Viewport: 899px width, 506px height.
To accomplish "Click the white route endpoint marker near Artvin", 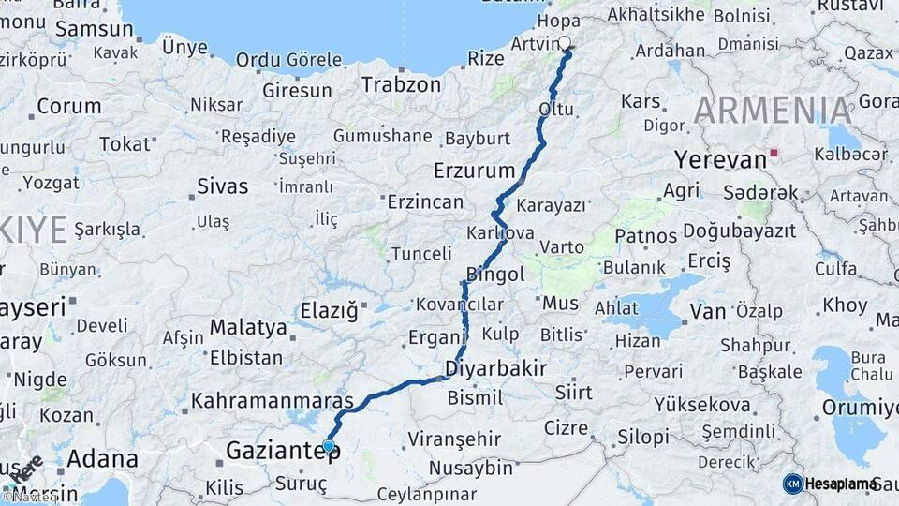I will pos(565,42).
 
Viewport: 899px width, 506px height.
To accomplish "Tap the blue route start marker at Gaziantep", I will pos(329,446).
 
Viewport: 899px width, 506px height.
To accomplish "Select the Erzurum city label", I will pos(475,171).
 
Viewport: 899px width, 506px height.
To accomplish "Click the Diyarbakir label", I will pos(496,366).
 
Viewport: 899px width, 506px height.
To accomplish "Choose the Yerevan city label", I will pos(720,159).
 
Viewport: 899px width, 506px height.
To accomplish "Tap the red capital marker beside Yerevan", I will pos(774,152).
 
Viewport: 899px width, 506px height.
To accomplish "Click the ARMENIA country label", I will pos(773,111).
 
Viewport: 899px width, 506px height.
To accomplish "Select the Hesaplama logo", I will pos(830,484).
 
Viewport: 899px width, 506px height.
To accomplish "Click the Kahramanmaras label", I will pos(272,401).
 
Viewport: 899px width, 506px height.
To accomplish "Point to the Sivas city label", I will pos(222,186).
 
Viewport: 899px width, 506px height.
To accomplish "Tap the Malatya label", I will pos(248,327).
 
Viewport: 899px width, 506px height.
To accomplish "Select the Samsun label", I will pos(94,29).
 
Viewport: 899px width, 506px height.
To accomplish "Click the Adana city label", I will pos(102,460).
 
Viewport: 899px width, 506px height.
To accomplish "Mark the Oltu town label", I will pos(555,110).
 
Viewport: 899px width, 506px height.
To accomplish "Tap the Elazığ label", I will pos(329,309).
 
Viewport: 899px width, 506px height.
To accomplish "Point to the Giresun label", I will pos(297,91).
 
